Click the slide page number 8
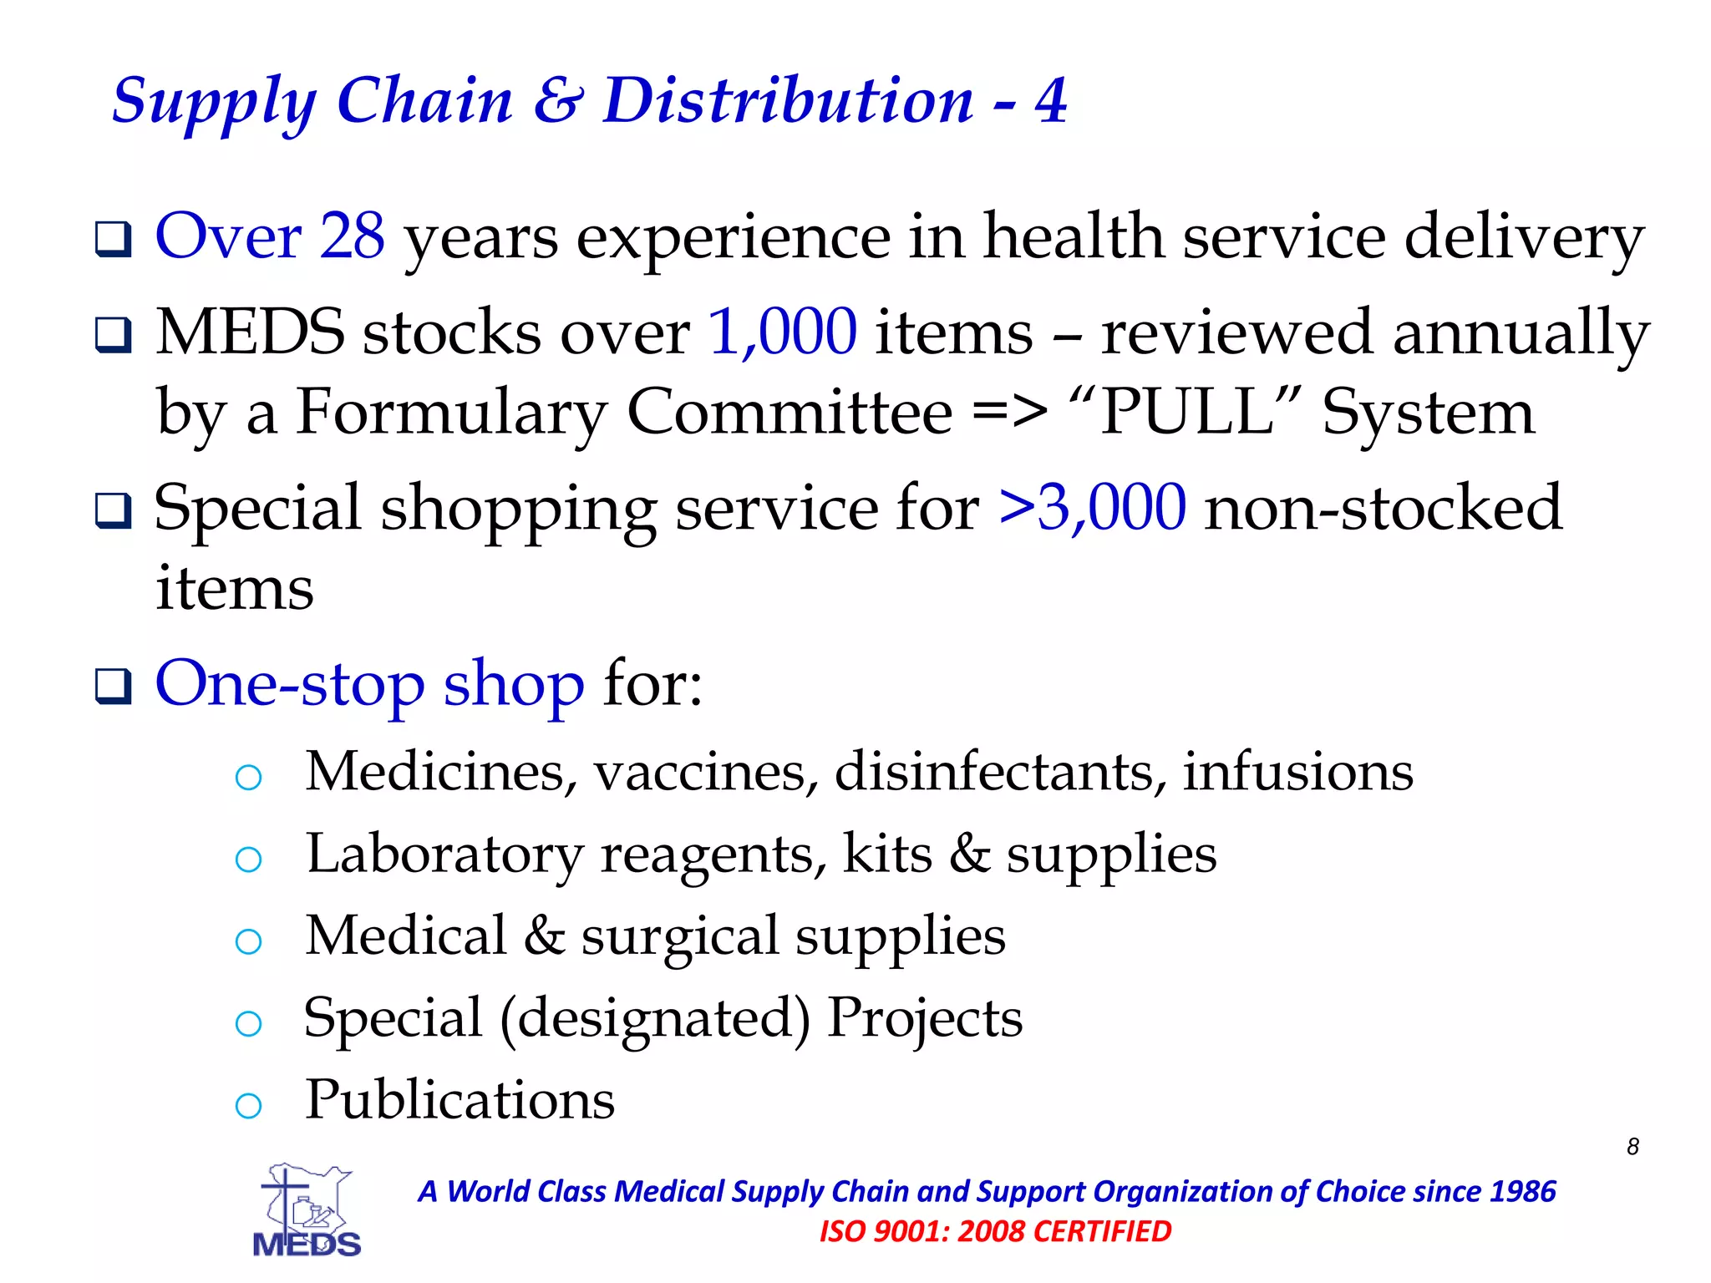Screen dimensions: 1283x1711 (1632, 1147)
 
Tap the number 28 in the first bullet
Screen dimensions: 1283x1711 (352, 236)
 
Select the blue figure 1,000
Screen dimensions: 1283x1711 (782, 332)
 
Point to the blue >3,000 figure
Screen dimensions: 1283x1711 (1092, 507)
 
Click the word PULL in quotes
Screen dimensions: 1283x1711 (1186, 412)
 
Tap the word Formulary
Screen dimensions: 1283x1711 (452, 413)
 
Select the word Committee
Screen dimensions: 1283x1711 (789, 412)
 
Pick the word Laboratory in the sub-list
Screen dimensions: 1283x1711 (444, 854)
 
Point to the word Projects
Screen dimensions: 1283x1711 (925, 1018)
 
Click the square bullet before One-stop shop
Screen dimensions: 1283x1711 (113, 687)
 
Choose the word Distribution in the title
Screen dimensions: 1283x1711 (788, 101)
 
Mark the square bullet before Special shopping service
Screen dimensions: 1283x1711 (113, 510)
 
